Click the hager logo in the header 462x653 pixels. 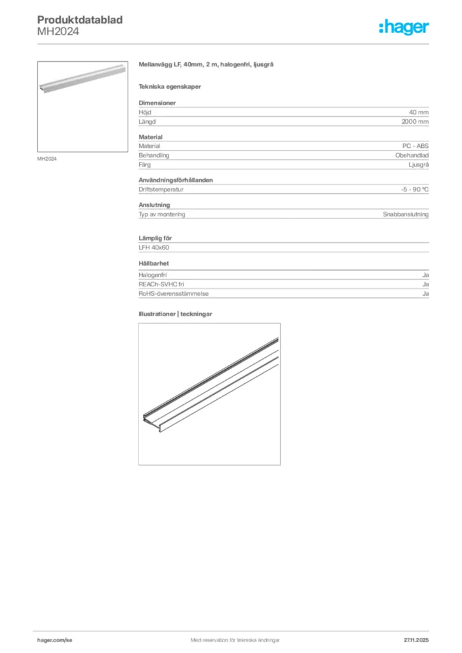point(404,26)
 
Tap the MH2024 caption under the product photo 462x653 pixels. point(47,159)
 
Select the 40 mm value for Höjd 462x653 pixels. point(419,112)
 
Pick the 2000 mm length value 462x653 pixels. point(415,121)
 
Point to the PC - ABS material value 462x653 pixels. point(416,146)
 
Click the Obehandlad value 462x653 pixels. point(412,155)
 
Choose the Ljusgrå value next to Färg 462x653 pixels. point(419,164)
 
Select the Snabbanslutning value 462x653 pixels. point(405,214)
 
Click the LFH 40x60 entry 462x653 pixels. point(153,247)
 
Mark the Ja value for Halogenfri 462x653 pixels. point(425,275)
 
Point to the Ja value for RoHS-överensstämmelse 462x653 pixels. point(425,293)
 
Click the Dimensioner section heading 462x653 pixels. point(157,103)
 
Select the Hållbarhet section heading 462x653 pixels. point(154,263)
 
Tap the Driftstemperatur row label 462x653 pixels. point(161,189)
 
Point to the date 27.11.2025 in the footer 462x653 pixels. point(416,640)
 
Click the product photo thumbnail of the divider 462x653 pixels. point(83,106)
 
